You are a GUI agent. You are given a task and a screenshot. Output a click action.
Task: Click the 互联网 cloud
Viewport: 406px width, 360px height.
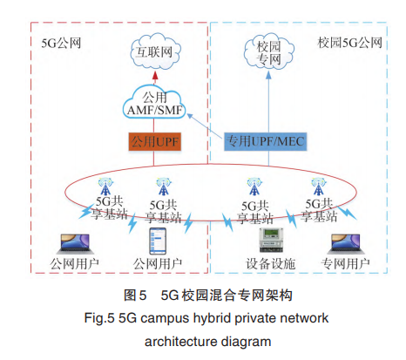(155, 51)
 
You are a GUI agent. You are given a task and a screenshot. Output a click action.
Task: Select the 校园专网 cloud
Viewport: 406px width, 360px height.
(268, 52)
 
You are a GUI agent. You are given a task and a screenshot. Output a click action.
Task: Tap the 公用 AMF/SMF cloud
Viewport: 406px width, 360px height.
(154, 102)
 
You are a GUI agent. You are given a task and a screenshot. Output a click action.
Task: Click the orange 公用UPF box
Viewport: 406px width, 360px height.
(155, 142)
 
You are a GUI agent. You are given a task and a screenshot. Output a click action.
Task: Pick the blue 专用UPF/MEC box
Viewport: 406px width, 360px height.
(265, 141)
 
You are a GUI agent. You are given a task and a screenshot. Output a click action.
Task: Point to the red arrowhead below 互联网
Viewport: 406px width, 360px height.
(155, 75)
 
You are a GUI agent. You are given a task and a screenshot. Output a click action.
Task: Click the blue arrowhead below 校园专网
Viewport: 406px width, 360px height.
(268, 75)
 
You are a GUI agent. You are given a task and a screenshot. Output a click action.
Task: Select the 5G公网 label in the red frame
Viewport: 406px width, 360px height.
(61, 44)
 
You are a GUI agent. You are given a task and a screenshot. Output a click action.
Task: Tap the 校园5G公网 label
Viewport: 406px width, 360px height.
(349, 43)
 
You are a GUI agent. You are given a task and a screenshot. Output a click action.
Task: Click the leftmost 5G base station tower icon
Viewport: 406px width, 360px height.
(105, 187)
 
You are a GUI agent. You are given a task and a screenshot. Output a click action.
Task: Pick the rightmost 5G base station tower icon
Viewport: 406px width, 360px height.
(319, 187)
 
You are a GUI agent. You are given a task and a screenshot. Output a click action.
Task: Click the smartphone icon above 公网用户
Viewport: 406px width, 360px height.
(158, 241)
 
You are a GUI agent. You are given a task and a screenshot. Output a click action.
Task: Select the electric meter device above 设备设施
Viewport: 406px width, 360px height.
(271, 240)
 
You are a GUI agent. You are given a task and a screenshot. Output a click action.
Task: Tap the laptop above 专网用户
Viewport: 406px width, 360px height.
(346, 244)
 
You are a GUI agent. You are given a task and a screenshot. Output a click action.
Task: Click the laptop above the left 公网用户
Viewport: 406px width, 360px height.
(75, 244)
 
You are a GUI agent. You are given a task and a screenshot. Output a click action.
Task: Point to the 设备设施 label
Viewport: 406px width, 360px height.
(270, 264)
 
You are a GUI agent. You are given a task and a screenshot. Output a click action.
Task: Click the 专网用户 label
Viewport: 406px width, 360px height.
(345, 264)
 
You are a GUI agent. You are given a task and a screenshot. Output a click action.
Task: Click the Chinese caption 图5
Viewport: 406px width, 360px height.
(135, 295)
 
